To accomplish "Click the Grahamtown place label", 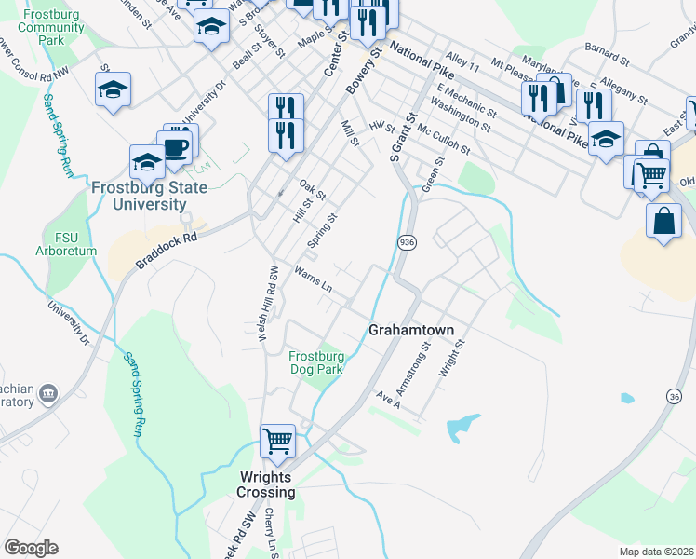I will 410,330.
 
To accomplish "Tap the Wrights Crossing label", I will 265,484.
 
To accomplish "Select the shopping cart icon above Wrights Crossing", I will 278,441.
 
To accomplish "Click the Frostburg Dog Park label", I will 316,362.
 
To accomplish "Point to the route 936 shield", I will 406,242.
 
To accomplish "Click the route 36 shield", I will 674,396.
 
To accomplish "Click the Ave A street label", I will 387,399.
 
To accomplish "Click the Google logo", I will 32,548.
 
